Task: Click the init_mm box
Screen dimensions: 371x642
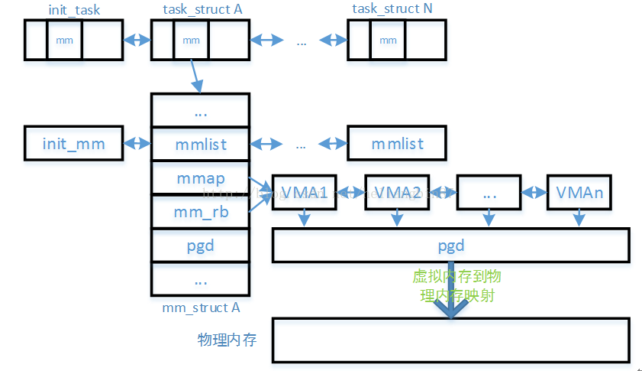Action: coord(74,144)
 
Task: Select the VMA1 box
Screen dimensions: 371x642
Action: coord(305,193)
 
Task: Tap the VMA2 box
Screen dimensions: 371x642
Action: coord(395,193)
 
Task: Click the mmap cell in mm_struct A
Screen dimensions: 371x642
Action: coord(201,178)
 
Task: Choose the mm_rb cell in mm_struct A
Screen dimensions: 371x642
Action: coord(201,213)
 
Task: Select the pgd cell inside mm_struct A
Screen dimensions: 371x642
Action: coord(201,246)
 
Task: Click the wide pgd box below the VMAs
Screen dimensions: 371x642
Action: coord(450,246)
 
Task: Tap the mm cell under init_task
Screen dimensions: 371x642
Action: coord(65,40)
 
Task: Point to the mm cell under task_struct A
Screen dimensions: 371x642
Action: coord(192,40)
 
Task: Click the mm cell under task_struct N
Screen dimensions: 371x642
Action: coord(388,40)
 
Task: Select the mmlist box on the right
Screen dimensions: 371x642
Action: coord(396,144)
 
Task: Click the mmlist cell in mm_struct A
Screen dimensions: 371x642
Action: coord(201,144)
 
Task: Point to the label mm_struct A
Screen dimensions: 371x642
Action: coord(201,308)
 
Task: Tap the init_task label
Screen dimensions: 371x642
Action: coord(74,9)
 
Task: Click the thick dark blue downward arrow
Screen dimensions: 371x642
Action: coord(450,295)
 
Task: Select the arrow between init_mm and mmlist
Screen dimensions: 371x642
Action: coord(137,144)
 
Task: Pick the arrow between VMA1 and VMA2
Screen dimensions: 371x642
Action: coord(350,193)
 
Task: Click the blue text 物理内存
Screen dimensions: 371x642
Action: coord(227,340)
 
